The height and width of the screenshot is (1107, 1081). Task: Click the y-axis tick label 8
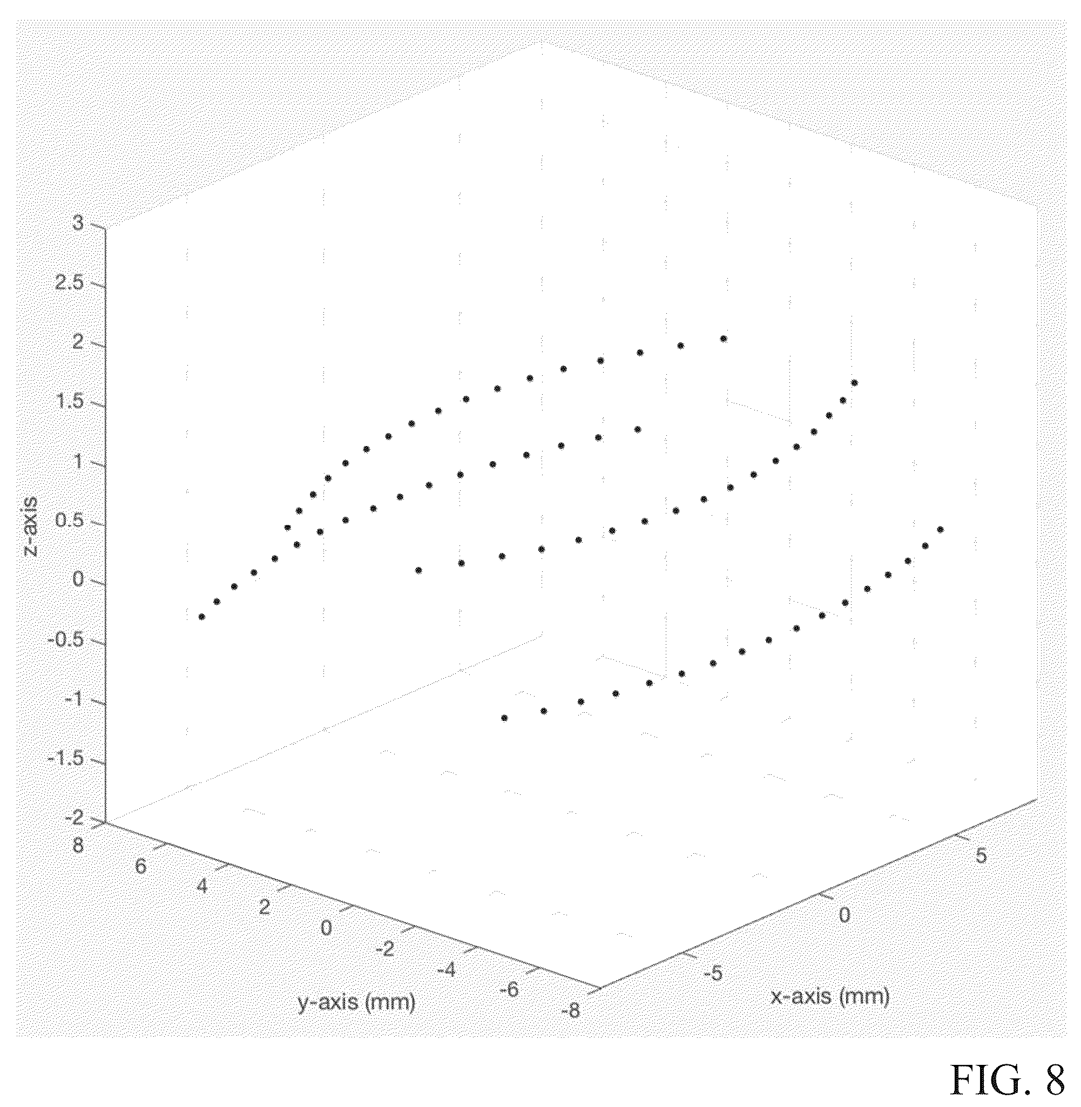point(78,845)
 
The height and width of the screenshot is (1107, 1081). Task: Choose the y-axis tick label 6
point(140,867)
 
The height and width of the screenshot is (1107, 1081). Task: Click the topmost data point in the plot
point(724,339)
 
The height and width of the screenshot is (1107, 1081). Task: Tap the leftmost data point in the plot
point(201,617)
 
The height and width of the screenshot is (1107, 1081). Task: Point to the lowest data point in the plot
point(504,718)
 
